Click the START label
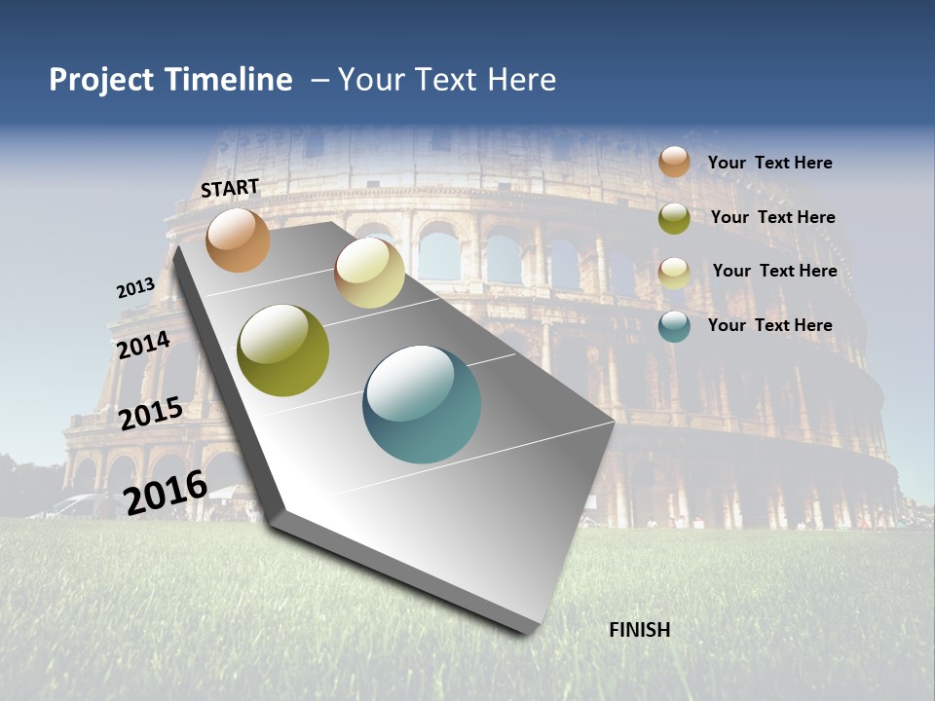230,187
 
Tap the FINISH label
639,630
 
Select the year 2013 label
135,288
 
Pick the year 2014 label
143,346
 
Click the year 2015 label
150,414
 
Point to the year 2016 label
166,493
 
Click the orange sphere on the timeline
238,240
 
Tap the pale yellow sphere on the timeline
369,272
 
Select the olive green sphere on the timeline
283,350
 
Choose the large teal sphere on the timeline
422,404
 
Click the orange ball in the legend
674,162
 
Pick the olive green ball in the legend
674,218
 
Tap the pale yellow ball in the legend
674,273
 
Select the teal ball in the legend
674,326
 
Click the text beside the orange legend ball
769,163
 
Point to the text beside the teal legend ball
769,325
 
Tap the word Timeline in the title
229,80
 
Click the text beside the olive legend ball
772,217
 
